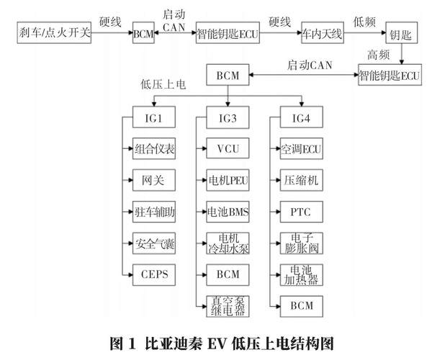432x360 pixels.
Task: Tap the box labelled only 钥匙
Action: click(402, 34)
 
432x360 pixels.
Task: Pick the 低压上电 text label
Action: click(164, 84)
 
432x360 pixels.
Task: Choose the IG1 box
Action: click(154, 117)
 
